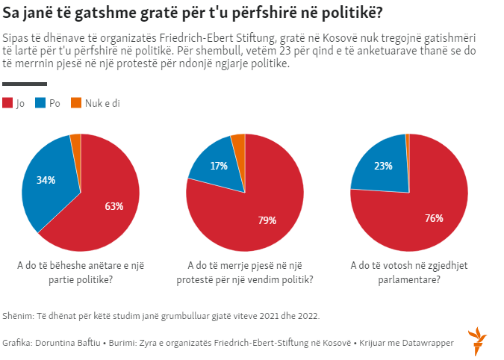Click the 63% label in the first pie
coord(113,206)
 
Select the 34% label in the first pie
coord(46,180)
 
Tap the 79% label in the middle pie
coord(267,220)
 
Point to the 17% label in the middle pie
coord(219,166)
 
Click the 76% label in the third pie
coord(434,218)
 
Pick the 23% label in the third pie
coord(383,166)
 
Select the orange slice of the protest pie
coord(238,141)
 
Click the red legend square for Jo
coord(8,103)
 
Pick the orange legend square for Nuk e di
coord(75,103)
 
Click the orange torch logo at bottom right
coord(476,340)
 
